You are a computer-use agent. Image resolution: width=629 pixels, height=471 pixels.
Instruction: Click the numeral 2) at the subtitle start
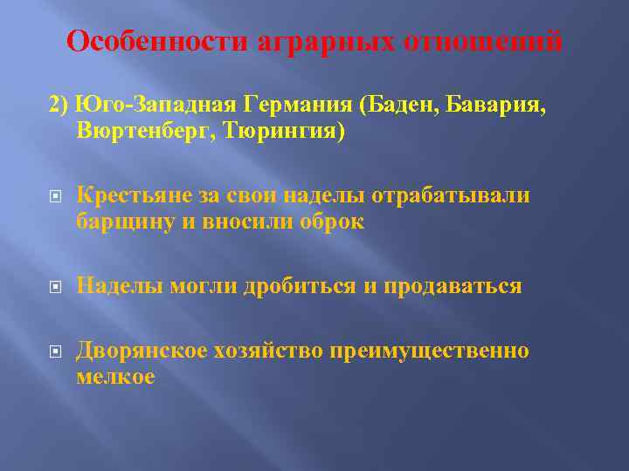point(59,105)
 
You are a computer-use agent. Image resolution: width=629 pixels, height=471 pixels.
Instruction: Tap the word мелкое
point(115,377)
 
